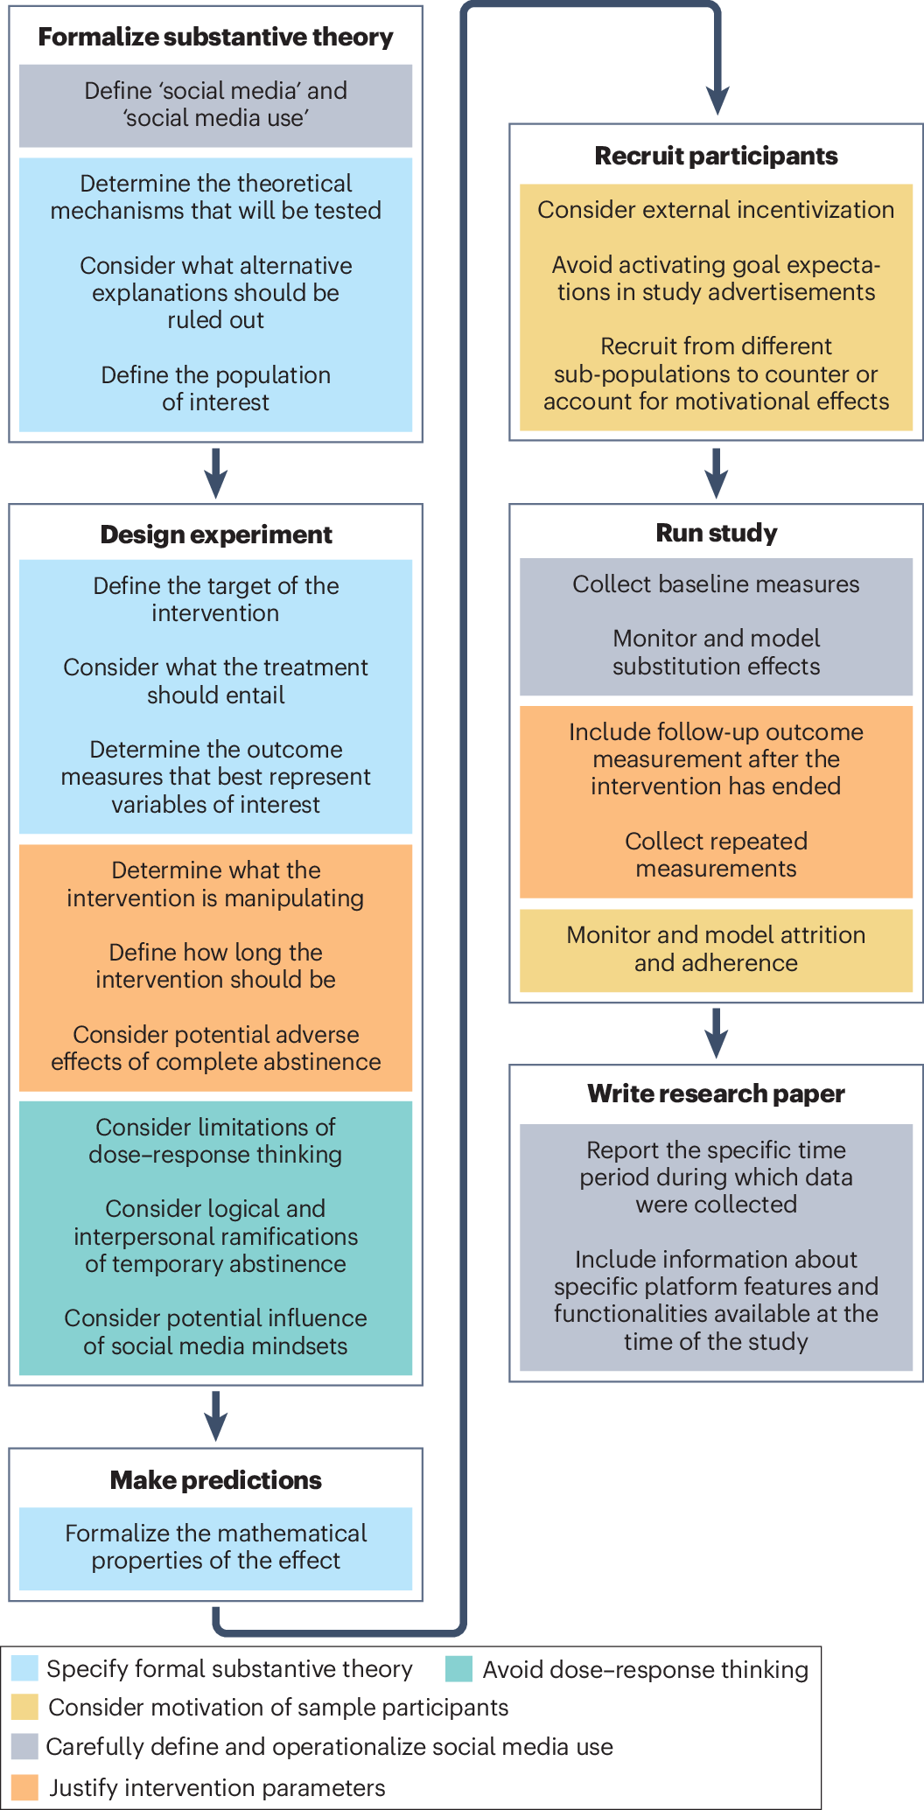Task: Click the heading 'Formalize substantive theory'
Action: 215,37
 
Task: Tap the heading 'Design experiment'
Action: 215,535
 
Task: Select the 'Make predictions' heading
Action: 215,1480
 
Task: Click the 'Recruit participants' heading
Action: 716,156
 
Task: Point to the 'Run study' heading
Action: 716,533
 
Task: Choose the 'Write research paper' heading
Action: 716,1094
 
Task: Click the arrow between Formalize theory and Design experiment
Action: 215,473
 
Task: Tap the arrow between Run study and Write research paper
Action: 716,1033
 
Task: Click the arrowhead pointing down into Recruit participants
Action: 717,100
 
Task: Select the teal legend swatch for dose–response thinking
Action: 458,1669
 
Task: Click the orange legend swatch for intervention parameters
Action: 25,1787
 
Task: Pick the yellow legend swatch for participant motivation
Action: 25,1707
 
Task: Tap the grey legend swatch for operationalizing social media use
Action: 25,1746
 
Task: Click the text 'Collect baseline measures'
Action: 716,584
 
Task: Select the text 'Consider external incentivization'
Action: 716,210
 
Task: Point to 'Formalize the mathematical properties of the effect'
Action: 215,1547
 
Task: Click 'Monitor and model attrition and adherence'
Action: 716,949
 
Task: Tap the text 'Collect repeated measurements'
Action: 716,855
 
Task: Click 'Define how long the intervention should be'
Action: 215,966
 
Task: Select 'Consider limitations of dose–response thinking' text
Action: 215,1141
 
